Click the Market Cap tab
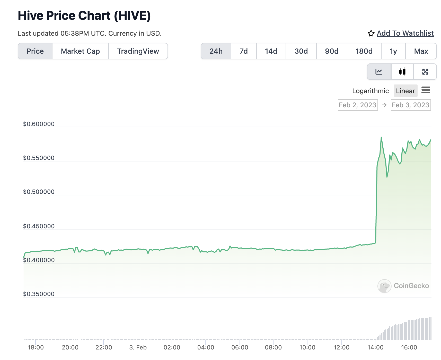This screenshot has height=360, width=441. tap(80, 51)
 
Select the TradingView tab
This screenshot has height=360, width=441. tap(138, 51)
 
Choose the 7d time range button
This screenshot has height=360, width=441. tap(243, 51)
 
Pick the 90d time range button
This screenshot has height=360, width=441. tap(331, 51)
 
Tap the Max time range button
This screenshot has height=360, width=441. tap(421, 51)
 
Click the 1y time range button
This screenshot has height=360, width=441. tap(393, 51)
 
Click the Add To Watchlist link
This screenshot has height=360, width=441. tap(405, 33)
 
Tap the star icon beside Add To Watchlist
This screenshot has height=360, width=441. tap(371, 33)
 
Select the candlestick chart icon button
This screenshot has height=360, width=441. tap(402, 72)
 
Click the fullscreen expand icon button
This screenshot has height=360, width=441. tap(425, 72)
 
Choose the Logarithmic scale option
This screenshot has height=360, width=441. tap(370, 91)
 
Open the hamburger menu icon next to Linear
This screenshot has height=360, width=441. tap(426, 90)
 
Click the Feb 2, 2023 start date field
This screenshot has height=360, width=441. tap(358, 105)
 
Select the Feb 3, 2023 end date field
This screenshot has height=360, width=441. tap(411, 105)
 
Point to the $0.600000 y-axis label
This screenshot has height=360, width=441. tap(39, 124)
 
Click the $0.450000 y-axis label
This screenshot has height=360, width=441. tap(39, 226)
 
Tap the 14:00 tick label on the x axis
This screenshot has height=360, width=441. tap(375, 347)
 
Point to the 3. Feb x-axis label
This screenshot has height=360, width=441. tap(138, 347)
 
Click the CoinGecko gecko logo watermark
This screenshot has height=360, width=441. tap(384, 286)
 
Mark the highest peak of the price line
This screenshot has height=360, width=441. tap(381, 137)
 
